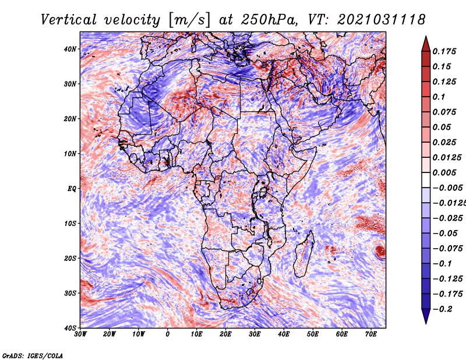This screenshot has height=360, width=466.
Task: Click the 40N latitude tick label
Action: [70, 49]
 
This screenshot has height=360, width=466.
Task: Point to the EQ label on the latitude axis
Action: [72, 189]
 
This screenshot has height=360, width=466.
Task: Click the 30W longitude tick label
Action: [80, 334]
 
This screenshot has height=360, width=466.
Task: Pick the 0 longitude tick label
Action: [168, 334]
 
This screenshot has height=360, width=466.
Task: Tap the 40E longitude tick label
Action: [284, 334]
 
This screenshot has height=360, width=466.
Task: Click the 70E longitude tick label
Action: [371, 334]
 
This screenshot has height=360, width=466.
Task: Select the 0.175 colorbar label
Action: [444, 51]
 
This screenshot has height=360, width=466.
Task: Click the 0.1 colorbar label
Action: [439, 97]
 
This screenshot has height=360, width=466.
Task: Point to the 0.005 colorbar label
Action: [444, 172]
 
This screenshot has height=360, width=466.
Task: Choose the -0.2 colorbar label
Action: [442, 309]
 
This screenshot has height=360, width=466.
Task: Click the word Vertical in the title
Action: [68, 20]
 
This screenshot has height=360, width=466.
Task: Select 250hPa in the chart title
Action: [269, 20]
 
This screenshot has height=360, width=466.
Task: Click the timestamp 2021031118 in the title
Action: [382, 20]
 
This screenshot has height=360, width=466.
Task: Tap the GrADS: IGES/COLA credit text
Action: [33, 356]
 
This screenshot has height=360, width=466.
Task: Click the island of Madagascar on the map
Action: [303, 254]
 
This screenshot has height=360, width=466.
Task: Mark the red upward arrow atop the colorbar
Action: [426, 44]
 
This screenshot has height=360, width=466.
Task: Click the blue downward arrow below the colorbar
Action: [426, 316]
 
